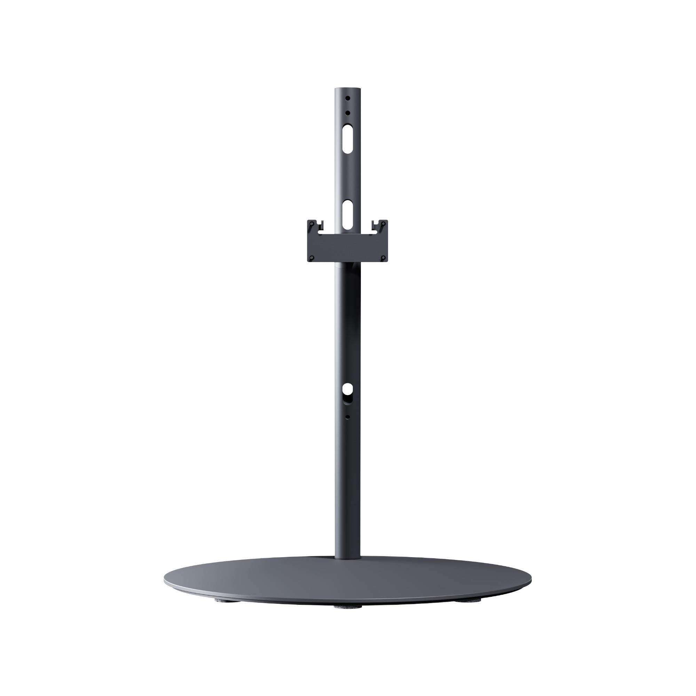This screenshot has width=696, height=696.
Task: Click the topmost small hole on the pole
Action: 348,98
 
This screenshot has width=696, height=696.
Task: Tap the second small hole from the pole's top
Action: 348,113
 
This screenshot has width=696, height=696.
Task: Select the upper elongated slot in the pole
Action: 348,139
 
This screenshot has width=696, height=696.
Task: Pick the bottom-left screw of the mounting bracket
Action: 312,258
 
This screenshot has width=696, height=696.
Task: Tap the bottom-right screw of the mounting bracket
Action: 383,258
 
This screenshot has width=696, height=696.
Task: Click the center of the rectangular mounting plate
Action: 348,247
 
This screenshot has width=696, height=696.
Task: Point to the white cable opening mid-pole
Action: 348,389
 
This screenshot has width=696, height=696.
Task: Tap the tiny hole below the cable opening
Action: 348,417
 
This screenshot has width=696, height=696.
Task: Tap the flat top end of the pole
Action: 348,89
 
